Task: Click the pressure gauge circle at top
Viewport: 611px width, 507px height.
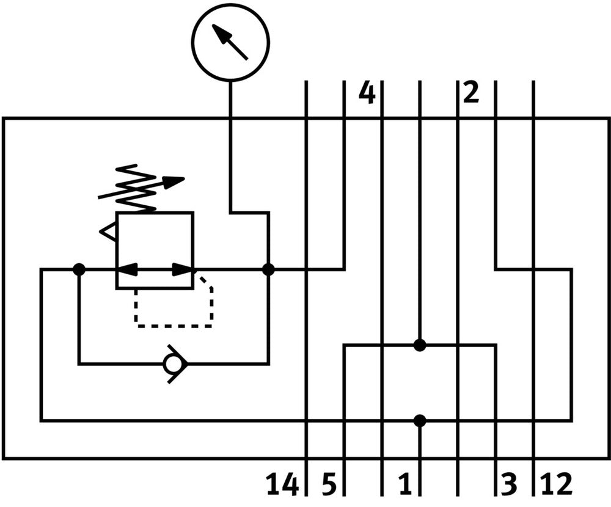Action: (230, 42)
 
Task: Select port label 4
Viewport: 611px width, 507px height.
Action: (366, 93)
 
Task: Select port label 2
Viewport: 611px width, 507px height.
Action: (471, 93)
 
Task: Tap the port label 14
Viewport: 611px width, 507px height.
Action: (282, 484)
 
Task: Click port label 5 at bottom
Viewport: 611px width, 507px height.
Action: (329, 484)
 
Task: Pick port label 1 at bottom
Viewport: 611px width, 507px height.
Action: (404, 484)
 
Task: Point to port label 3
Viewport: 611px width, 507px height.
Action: (509, 484)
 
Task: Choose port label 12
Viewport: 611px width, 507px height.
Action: (556, 484)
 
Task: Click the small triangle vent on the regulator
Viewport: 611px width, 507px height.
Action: (108, 232)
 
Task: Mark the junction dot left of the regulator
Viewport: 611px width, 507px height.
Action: (79, 269)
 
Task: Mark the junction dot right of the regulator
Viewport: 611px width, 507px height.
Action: (268, 269)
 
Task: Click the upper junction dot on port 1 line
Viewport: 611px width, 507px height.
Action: (419, 345)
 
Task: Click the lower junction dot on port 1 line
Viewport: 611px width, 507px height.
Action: (419, 420)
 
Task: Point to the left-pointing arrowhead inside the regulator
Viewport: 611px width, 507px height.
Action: (126, 269)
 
